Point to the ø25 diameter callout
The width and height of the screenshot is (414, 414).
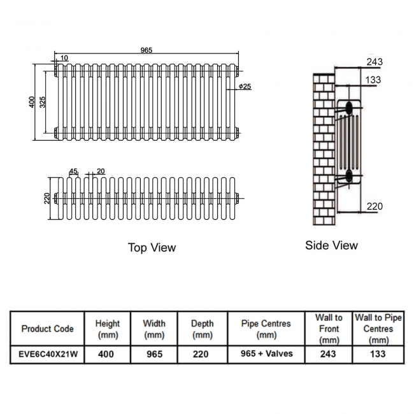pos(245,87)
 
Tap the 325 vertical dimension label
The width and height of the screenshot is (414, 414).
pos(43,102)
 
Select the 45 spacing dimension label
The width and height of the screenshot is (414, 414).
pos(73,171)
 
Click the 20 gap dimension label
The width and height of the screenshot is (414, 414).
pos(101,171)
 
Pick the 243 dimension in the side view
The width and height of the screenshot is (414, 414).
pos(375,62)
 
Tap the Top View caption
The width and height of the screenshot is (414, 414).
pos(152,247)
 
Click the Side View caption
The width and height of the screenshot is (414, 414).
pos(331,245)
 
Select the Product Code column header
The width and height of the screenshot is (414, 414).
pos(47,329)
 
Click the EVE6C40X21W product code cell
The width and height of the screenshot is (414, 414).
pos(47,354)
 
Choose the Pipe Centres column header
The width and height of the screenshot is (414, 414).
pos(266,329)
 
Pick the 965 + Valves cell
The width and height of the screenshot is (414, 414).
pos(266,353)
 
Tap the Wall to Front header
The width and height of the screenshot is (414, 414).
pos(329,329)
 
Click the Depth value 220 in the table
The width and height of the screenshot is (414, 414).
pos(202,354)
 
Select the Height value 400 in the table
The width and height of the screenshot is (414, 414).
pos(107,354)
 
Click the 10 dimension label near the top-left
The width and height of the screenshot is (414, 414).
pos(64,59)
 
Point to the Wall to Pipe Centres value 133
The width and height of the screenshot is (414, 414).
pos(378,354)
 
